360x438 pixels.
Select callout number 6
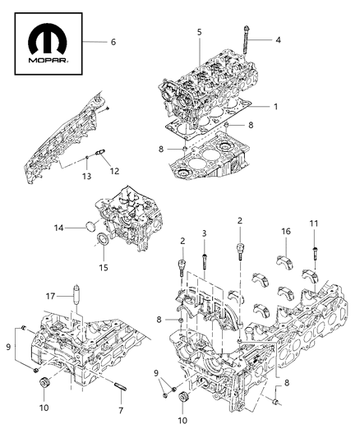(x=113, y=41)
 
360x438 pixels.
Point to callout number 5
(x=199, y=32)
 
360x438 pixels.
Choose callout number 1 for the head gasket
(x=275, y=108)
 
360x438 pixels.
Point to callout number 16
(x=285, y=232)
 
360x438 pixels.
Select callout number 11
(x=314, y=223)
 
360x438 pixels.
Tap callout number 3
(x=203, y=234)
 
